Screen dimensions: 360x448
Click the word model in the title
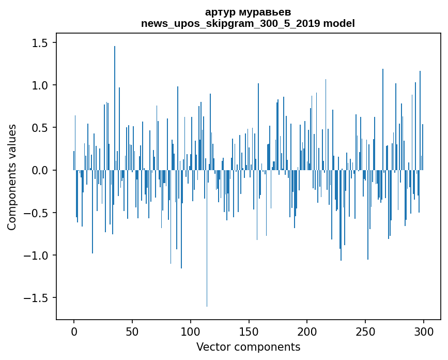[x=339, y=23]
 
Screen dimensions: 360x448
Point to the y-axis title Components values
[x=12, y=177]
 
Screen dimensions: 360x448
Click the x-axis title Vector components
[x=248, y=347]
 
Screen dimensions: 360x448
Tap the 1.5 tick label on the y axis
[x=39, y=43]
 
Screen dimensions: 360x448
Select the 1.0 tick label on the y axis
[x=39, y=85]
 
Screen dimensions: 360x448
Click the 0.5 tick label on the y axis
[x=39, y=128]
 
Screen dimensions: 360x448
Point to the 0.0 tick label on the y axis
[x=39, y=170]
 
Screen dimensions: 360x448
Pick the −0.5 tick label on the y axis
[x=36, y=213]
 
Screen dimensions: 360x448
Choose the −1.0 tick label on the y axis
[x=36, y=256]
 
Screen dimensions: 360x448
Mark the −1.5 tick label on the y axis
[x=36, y=298]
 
